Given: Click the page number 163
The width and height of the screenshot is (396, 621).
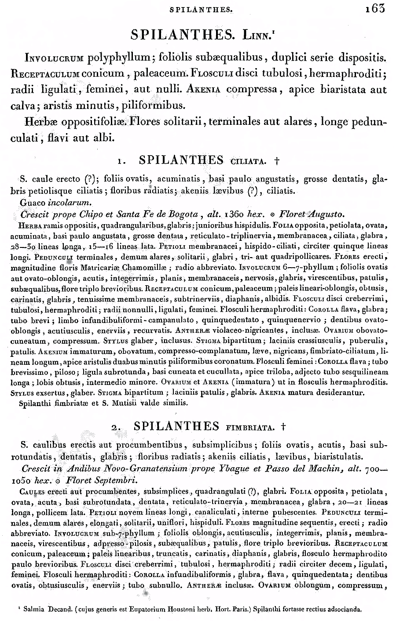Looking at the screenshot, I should coord(375,8).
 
